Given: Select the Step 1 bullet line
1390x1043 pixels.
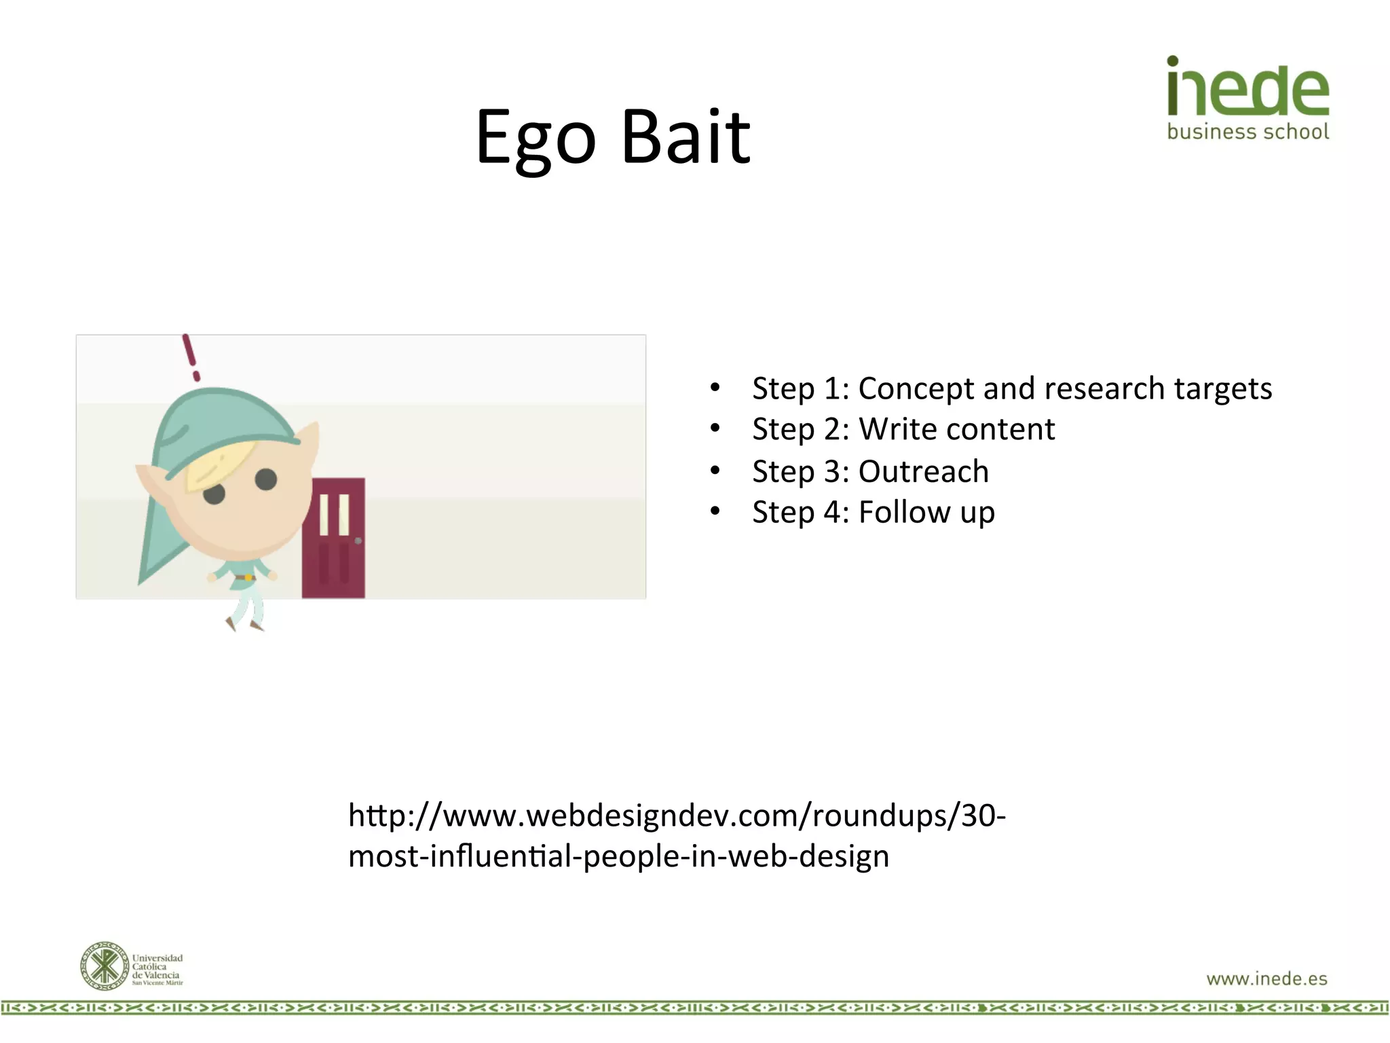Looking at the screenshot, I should tap(1011, 389).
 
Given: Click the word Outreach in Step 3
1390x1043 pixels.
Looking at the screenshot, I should tap(923, 472).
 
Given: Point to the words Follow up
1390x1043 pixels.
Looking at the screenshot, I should tap(926, 513).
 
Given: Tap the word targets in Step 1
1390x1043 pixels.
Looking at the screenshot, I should tap(1222, 389).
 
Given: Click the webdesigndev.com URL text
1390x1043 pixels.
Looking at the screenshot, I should tap(676, 835).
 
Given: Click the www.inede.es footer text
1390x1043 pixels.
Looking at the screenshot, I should tap(1266, 978).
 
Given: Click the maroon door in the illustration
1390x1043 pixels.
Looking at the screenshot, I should tap(333, 538).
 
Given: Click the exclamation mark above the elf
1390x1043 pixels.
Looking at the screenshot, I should tap(191, 357).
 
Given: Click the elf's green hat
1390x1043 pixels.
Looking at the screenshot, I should tap(217, 421).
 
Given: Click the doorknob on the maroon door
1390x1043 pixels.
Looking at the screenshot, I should tap(358, 541).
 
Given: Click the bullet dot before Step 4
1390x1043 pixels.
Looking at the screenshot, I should tap(715, 511).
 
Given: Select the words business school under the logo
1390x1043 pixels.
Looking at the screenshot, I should tap(1247, 132).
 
